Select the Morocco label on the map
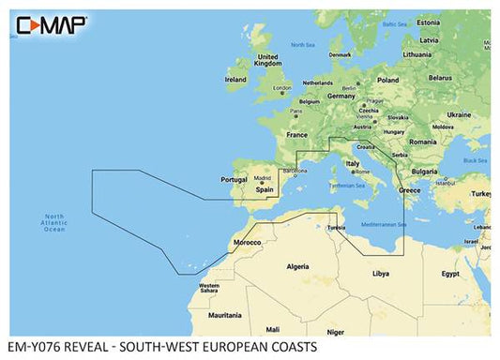click(247, 242)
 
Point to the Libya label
click(380, 275)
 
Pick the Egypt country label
click(450, 275)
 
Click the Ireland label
click(236, 81)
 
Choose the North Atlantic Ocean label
click(56, 223)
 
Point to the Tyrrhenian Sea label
click(347, 186)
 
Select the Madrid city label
click(262, 176)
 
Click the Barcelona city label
click(295, 172)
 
